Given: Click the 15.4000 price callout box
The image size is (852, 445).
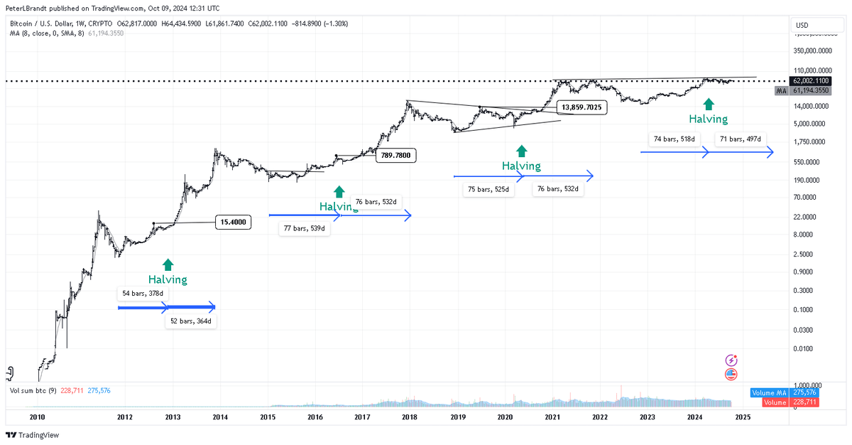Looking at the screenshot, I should point(234,222).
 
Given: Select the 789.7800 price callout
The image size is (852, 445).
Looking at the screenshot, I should point(395,155).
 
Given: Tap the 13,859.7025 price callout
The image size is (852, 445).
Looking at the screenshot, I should point(581,107).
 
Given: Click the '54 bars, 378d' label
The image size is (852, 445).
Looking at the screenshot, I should point(143,293).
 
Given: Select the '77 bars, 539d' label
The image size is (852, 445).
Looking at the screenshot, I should point(304,229).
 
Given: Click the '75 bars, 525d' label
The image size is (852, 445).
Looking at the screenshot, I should point(488,190).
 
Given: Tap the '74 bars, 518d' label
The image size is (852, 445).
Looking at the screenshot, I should point(672,139).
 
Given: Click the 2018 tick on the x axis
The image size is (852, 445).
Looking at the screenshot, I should point(409,417).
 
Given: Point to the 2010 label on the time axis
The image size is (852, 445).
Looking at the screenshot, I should point(37,417).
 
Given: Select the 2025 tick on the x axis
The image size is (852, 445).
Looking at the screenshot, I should point(742,417).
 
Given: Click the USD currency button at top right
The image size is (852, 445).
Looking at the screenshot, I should point(802,26).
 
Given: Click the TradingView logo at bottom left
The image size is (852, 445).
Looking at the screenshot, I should point(33,435).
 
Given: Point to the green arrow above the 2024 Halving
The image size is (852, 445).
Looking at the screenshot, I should point(708,104).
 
